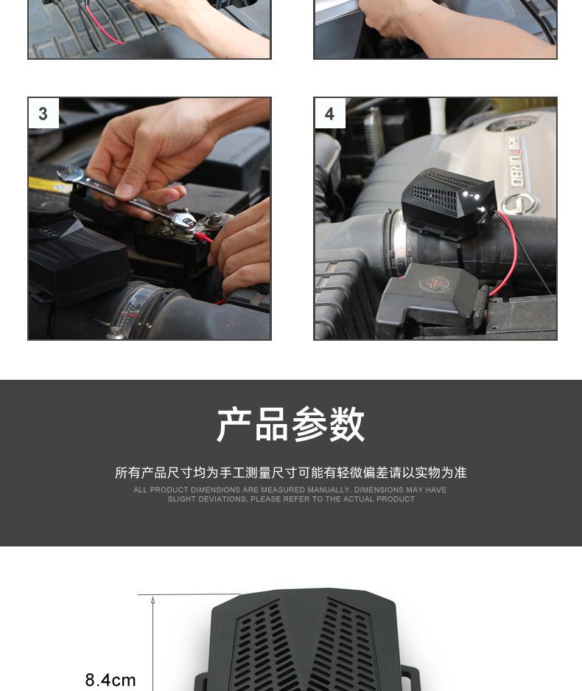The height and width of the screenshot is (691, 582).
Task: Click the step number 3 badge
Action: coord(43,114)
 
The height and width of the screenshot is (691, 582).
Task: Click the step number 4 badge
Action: coord(330,114)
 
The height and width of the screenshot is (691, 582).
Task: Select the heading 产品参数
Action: coord(290,424)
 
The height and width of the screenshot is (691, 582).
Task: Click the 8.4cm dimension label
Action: coord(111,679)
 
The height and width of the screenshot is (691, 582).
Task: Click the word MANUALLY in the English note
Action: coord(329,490)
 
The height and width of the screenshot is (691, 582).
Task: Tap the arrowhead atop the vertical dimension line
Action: coord(152,600)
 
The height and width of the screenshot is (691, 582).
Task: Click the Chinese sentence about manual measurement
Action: coord(290,473)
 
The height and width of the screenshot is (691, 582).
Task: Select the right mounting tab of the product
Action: coord(410,678)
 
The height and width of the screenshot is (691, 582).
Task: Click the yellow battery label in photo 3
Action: coord(49,185)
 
